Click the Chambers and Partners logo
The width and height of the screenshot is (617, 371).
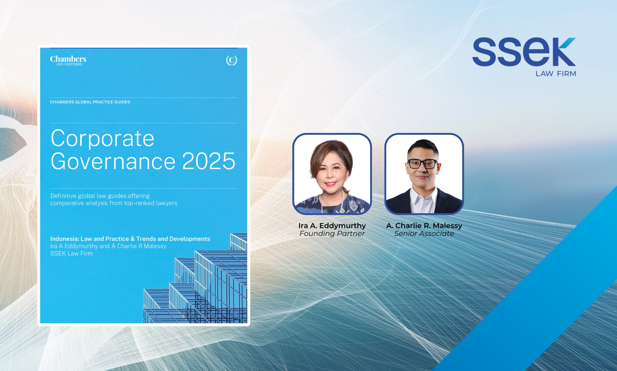[x=68, y=60]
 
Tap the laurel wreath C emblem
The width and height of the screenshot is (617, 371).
[x=232, y=60]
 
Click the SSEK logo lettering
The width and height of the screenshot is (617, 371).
[x=524, y=52]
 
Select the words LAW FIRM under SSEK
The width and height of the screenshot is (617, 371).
[x=556, y=74]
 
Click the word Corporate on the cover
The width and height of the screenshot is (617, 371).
[x=102, y=138]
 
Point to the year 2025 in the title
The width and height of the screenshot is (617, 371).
[x=209, y=161]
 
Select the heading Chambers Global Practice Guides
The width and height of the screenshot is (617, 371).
[x=90, y=102]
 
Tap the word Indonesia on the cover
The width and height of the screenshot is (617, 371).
[x=64, y=239]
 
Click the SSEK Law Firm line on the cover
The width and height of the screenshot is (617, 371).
[x=71, y=253]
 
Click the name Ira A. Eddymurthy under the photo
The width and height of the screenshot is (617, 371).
[x=332, y=226]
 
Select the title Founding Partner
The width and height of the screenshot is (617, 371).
[x=332, y=234]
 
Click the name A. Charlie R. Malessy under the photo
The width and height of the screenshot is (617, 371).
[x=424, y=226]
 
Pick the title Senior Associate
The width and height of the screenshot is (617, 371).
[x=424, y=234]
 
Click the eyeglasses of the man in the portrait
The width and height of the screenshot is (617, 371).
[x=422, y=164]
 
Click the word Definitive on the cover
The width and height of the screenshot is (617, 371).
[x=63, y=196]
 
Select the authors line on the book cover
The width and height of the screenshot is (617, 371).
[x=108, y=246]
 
